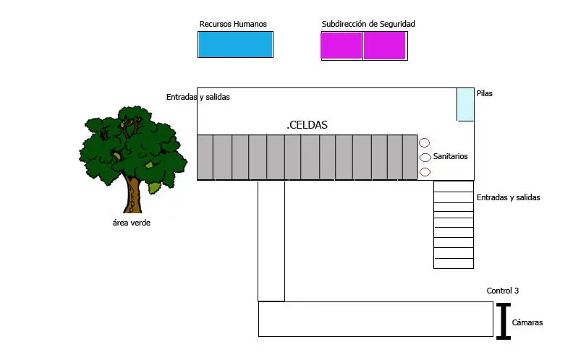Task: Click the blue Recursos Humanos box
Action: [235, 44]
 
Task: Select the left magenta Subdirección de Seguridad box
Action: [341, 46]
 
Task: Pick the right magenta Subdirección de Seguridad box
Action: [384, 46]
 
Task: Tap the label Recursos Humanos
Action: [233, 24]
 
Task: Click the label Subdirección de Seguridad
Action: [368, 24]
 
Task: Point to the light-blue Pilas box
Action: [465, 104]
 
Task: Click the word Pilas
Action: [485, 93]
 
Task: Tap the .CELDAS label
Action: [307, 125]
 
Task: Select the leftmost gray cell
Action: [205, 157]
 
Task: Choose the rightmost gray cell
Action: [410, 157]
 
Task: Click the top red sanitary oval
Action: [425, 142]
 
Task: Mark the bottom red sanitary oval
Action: [425, 172]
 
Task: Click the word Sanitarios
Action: [450, 156]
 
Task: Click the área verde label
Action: [132, 223]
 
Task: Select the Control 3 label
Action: [502, 291]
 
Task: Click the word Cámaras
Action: [527, 323]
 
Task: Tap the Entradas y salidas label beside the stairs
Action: [508, 197]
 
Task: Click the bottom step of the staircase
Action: [453, 262]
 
